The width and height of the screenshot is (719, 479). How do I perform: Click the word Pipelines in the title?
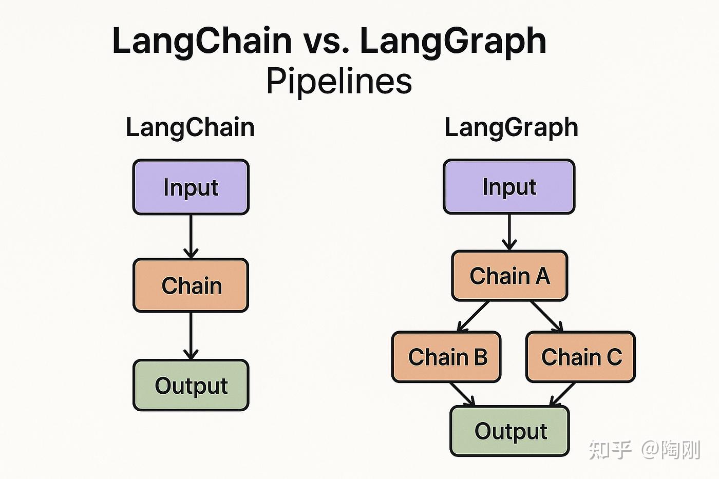[x=339, y=81]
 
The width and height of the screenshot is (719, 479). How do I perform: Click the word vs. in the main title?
[x=325, y=41]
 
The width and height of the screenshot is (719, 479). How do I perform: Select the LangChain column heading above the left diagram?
[x=190, y=127]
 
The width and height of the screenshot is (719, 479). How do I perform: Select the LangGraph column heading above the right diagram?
[x=511, y=127]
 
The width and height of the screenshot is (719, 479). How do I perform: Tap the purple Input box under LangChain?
[x=191, y=187]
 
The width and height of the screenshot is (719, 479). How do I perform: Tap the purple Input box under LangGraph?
[x=509, y=186]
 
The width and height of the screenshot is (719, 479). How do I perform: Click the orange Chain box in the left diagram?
[x=191, y=285]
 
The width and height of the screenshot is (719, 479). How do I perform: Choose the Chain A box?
[x=509, y=276]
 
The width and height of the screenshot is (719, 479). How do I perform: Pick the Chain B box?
[x=446, y=357]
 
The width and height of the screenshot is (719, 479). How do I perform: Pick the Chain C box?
[x=581, y=357]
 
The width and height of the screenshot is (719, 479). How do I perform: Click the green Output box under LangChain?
[x=191, y=386]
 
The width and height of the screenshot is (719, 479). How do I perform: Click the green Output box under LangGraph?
[x=510, y=431]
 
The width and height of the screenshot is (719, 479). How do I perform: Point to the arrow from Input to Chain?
[x=191, y=236]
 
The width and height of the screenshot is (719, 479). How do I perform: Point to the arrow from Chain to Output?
[x=191, y=336]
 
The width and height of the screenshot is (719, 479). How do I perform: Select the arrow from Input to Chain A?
[x=509, y=232]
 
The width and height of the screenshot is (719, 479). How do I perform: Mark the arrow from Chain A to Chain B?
[x=473, y=316]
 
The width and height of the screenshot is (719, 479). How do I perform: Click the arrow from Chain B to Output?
[x=462, y=394]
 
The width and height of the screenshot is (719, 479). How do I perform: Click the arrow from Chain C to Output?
[x=563, y=394]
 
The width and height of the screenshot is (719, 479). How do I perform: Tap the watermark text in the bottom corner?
[x=645, y=450]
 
